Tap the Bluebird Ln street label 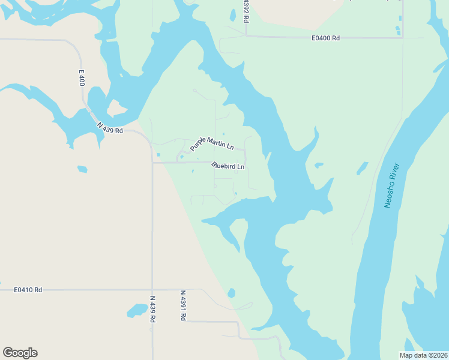(x=229, y=166)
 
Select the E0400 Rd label (x=325, y=38)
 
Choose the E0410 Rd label (x=28, y=290)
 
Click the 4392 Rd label (x=246, y=11)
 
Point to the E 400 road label (x=82, y=77)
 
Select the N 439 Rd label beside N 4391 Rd (x=152, y=309)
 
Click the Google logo (x=20, y=353)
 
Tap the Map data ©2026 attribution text (x=423, y=355)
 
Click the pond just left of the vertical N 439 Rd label (x=137, y=310)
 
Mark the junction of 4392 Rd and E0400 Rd (x=246, y=37)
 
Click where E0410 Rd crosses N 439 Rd (x=152, y=290)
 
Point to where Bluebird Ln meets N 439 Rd (x=152, y=162)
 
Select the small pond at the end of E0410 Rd (x=232, y=293)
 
